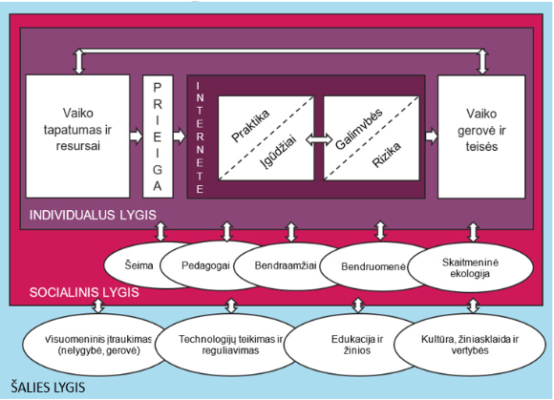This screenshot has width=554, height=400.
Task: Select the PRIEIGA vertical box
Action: (158, 137)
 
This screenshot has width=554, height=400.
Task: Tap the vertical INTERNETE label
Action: (199, 138)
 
